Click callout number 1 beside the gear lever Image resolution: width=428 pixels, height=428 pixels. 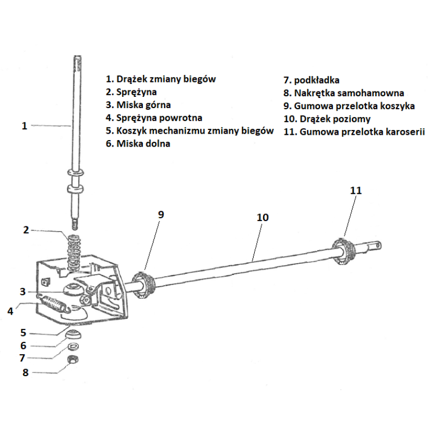coord(25,126)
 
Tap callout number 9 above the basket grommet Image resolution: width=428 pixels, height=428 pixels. coord(161,215)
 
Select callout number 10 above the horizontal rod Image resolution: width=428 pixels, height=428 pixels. coord(263,217)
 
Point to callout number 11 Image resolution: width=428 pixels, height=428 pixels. coord(356,190)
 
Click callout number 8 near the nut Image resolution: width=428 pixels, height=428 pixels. coord(25,372)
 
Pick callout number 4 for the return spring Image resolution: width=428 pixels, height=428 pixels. coord(10,311)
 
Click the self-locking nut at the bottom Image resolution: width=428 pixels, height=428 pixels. coord(73,360)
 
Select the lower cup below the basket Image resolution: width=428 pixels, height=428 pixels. coord(73,334)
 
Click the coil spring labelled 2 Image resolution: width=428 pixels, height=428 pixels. coord(73,253)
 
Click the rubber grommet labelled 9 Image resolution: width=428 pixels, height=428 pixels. coord(143,285)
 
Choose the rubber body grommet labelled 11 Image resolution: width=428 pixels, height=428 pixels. coord(343,250)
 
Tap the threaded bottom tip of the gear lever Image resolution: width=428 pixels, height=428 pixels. coord(75,225)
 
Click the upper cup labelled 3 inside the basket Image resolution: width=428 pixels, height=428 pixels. coord(72,289)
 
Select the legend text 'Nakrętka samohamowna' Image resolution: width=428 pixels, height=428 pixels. coord(349,93)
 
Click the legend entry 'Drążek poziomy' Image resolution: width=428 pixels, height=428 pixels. coord(335,119)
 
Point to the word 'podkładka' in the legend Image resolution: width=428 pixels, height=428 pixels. coord(317,80)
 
